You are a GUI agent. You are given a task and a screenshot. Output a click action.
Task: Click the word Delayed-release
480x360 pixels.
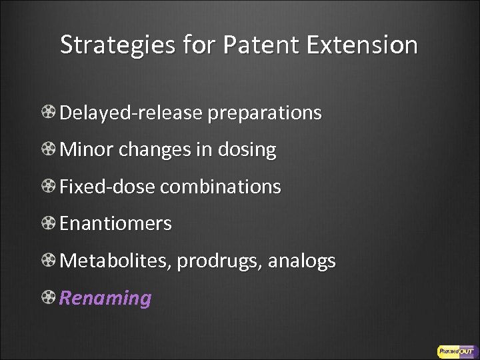click(x=131, y=113)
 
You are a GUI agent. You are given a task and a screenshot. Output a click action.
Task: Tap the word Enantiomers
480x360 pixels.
click(x=115, y=223)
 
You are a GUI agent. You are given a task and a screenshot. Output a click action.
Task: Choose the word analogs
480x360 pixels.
click(x=302, y=261)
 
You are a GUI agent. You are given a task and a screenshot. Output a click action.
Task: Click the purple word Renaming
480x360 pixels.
click(x=105, y=298)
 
